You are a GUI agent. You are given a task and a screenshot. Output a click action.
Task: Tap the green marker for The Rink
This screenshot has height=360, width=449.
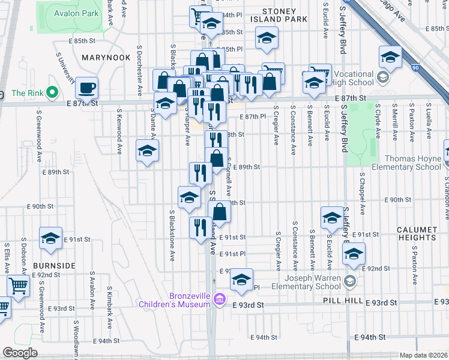[x=52, y=92]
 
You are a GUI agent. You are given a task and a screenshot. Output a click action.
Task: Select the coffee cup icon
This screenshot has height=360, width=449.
[x=86, y=88]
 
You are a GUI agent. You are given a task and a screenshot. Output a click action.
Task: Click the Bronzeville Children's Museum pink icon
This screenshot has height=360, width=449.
[x=220, y=299]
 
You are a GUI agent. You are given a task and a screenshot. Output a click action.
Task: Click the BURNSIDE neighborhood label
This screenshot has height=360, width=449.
[x=55, y=265]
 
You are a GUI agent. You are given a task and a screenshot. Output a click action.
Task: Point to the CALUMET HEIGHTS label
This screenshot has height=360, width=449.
[x=417, y=234]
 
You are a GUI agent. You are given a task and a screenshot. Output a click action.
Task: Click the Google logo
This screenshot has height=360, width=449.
[x=20, y=353]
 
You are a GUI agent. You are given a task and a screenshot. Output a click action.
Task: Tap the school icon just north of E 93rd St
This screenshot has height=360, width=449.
[x=241, y=280]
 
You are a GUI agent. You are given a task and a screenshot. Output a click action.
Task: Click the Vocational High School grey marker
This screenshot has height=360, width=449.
[x=384, y=77]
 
